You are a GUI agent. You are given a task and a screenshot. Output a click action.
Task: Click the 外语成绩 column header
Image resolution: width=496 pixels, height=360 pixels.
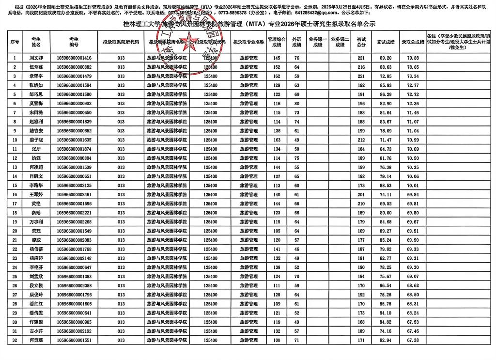pyautogui.click(x=296, y=42)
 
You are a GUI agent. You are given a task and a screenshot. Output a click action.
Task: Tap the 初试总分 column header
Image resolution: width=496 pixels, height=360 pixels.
pyautogui.click(x=361, y=42)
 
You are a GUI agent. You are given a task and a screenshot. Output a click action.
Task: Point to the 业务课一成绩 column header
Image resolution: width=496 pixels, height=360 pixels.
pyautogui.click(x=318, y=42)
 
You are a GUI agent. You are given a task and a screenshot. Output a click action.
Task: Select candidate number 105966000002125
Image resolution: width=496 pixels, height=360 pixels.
pyautogui.click(x=74, y=185)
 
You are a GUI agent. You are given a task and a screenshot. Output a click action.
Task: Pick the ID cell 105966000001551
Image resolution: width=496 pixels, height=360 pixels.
pyautogui.click(x=74, y=340)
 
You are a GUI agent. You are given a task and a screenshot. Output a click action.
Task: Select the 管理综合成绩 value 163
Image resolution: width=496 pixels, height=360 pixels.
pyautogui.click(x=277, y=140)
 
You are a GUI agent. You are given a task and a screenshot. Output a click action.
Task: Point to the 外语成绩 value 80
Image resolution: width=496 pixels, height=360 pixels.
pyautogui.click(x=296, y=103)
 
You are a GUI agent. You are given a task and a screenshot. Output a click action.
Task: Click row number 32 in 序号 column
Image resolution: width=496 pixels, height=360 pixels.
pyautogui.click(x=15, y=340)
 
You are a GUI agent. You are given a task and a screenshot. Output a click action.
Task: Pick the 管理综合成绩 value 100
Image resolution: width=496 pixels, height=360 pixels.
pyautogui.click(x=277, y=340)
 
